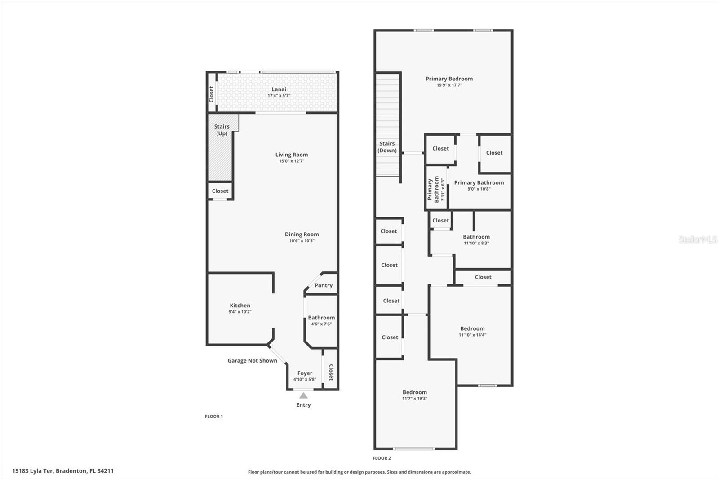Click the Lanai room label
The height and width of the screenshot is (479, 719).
pos(279,89)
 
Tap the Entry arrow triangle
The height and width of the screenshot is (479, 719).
pos(303,395)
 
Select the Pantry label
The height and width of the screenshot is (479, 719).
pos(324,285)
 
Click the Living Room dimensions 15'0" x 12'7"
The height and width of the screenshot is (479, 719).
pos(292,161)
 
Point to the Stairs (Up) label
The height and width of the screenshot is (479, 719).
pos(222,130)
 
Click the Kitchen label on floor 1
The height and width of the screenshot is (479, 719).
pos(240,306)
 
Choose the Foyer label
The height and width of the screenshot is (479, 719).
pos(305,373)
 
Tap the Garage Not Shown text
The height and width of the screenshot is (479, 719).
pos(252,360)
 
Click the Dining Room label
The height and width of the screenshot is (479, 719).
pos(302,234)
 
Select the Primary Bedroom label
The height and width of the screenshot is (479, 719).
pos(449,79)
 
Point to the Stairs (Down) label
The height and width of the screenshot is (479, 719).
pos(387,147)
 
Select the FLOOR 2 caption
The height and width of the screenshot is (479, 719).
pos(382,458)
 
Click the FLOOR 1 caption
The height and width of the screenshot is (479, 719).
pos(214,417)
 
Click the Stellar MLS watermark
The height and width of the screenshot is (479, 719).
pos(697,239)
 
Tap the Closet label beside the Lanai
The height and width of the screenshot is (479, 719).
pos(211,94)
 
